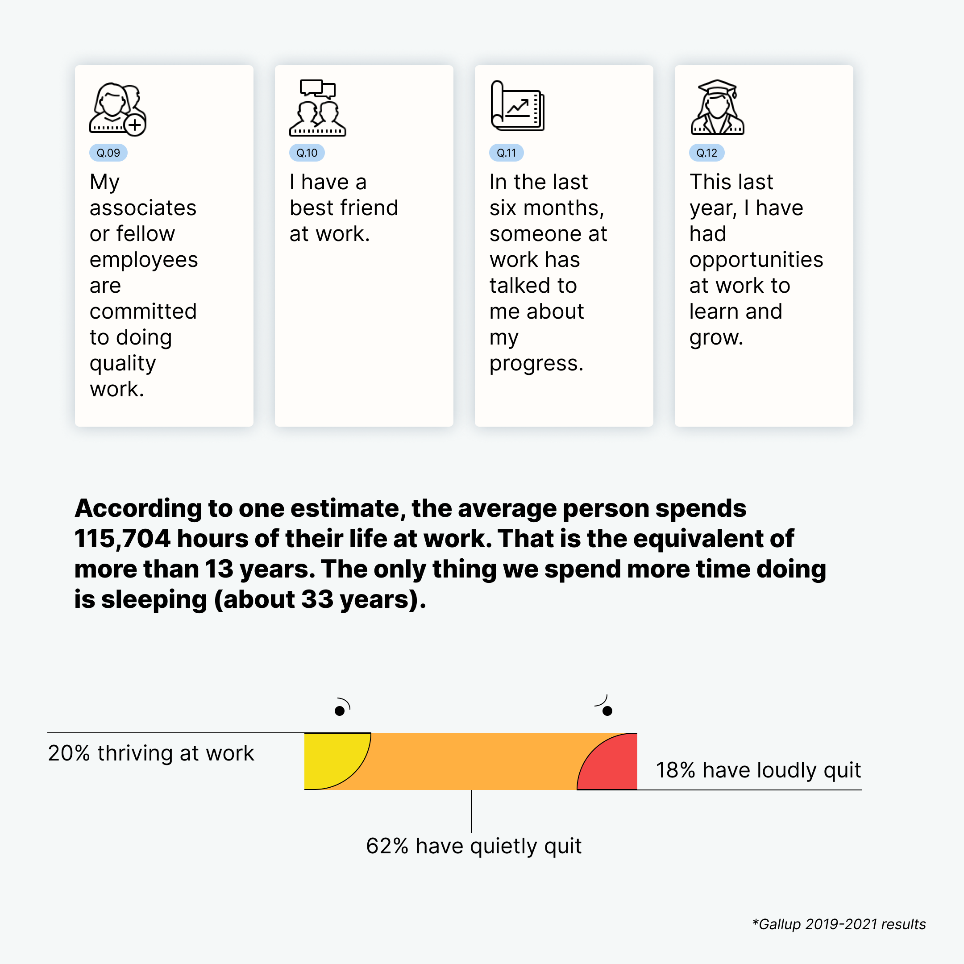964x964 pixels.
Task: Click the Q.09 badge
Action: pyautogui.click(x=108, y=153)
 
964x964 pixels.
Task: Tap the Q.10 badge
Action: pyautogui.click(x=307, y=153)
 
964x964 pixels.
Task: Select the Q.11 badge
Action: pyautogui.click(x=507, y=153)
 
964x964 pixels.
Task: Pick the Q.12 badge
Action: pyautogui.click(x=706, y=153)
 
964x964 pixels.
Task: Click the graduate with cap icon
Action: pyautogui.click(x=717, y=107)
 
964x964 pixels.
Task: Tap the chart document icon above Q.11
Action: pyautogui.click(x=517, y=106)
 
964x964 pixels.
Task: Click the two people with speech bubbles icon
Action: pyautogui.click(x=317, y=108)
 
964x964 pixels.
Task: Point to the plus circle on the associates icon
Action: pyautogui.click(x=135, y=125)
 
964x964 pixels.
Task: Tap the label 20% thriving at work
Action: pyautogui.click(x=151, y=753)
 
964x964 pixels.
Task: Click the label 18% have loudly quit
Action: pyautogui.click(x=758, y=770)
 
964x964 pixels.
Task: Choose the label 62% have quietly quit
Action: pyautogui.click(x=474, y=846)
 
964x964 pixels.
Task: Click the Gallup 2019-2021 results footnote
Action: pyautogui.click(x=839, y=924)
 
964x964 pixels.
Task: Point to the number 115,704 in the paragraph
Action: pyautogui.click(x=122, y=539)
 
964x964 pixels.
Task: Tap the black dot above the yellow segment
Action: pyautogui.click(x=340, y=711)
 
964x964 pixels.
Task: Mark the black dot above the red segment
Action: pyautogui.click(x=607, y=711)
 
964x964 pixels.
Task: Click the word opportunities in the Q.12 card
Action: pyautogui.click(x=756, y=260)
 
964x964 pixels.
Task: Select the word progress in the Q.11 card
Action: pyautogui.click(x=536, y=364)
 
